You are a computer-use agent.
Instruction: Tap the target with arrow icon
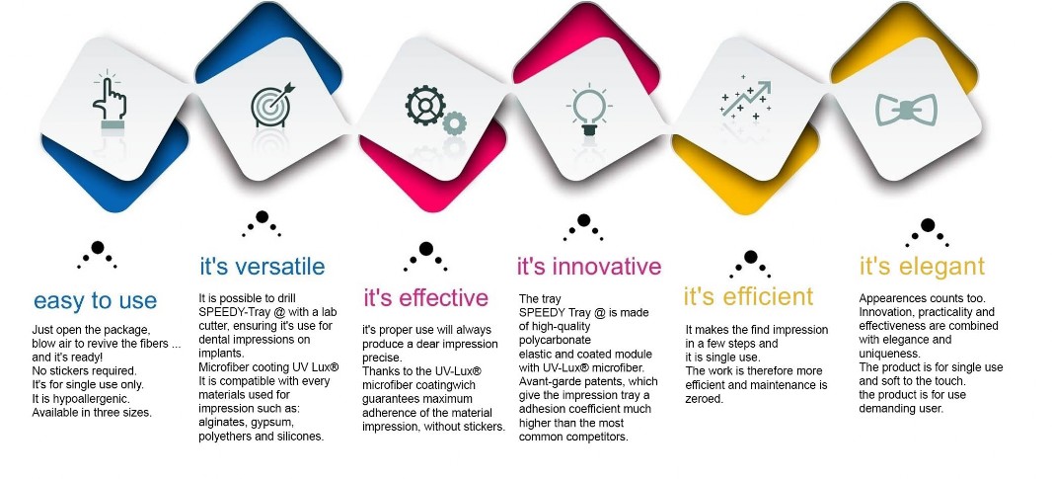pyautogui.click(x=272, y=105)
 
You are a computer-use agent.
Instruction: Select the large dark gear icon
pyautogui.click(x=425, y=106)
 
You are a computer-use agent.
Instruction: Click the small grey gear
pyautogui.click(x=454, y=122)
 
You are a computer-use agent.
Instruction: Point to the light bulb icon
pyautogui.click(x=589, y=109)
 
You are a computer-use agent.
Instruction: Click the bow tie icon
pyautogui.click(x=906, y=110)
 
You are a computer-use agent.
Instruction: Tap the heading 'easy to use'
pyautogui.click(x=96, y=300)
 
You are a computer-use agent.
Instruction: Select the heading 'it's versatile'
pyautogui.click(x=263, y=266)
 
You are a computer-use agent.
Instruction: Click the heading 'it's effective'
pyautogui.click(x=426, y=297)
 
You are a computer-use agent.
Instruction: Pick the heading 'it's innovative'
pyautogui.click(x=589, y=266)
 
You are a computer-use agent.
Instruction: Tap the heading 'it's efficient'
pyautogui.click(x=749, y=296)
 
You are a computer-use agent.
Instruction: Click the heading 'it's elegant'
pyautogui.click(x=923, y=266)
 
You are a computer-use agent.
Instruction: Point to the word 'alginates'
pyautogui.click(x=223, y=423)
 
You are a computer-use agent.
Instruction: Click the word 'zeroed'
pyautogui.click(x=705, y=398)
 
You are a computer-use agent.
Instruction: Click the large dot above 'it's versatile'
pyautogui.click(x=263, y=217)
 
